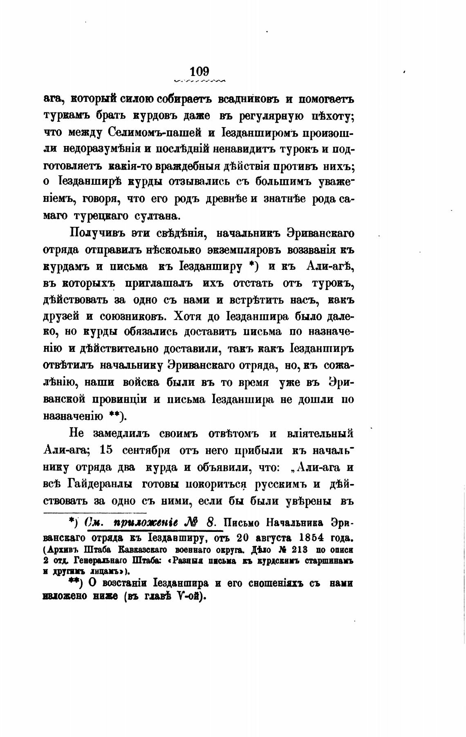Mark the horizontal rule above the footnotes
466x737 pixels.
pyautogui.click(x=95, y=513)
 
